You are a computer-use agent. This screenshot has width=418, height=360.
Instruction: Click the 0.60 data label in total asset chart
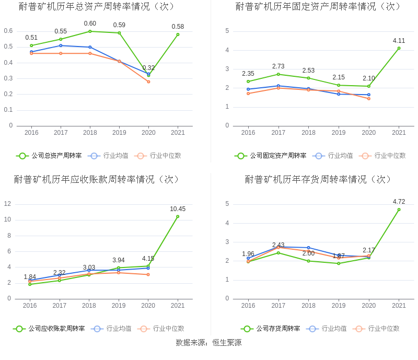pyautogui.click(x=90, y=24)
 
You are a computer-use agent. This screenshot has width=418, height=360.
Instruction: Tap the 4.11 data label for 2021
pyautogui.click(x=399, y=40)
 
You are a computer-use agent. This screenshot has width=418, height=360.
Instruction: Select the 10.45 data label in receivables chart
pyautogui.click(x=178, y=209)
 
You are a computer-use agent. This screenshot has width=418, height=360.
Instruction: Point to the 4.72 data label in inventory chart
pyautogui.click(x=399, y=202)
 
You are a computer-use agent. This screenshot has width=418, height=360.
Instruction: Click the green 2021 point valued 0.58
pyautogui.click(x=178, y=34)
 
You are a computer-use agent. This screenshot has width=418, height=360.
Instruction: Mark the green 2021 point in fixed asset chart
pyautogui.click(x=399, y=48)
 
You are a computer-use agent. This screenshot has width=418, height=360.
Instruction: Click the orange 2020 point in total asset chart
pyautogui.click(x=148, y=82)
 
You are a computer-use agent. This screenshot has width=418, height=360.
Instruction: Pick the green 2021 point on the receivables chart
pyautogui.click(x=178, y=216)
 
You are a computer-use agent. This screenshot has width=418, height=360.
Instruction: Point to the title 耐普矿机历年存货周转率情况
pyautogui.click(x=319, y=180)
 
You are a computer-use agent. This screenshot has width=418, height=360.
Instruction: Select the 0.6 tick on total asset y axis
pyautogui.click(x=8, y=31)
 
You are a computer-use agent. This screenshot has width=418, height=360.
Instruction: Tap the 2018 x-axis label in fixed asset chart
pyautogui.click(x=308, y=133)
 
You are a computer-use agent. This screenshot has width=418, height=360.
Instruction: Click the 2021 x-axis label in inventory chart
pyautogui.click(x=399, y=306)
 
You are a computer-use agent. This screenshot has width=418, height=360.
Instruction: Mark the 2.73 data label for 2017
pyautogui.click(x=278, y=66)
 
